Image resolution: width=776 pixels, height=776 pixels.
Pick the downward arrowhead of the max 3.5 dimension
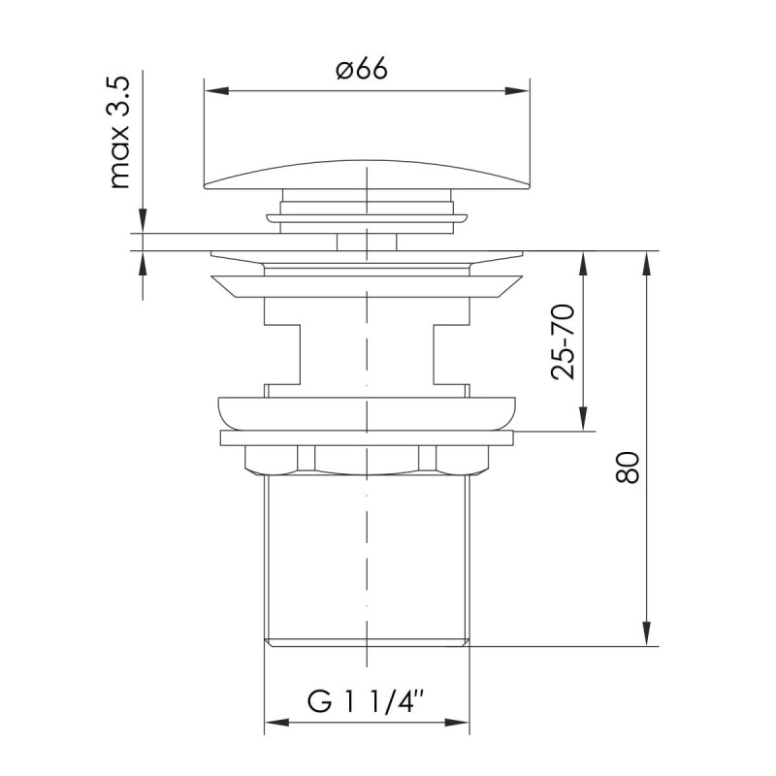143,221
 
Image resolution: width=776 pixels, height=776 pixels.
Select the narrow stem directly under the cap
367,241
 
